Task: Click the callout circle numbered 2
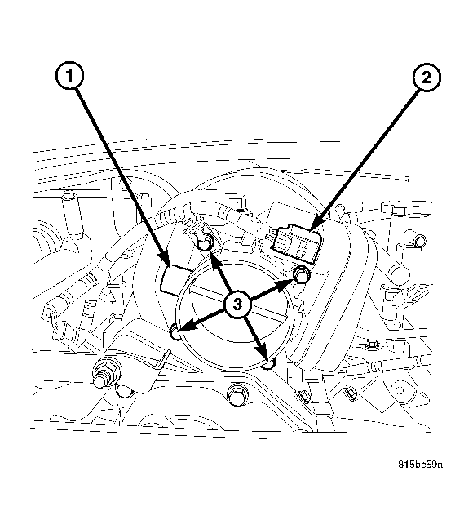[x=425, y=79]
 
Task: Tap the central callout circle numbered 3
[x=237, y=305]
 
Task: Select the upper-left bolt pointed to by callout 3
[x=206, y=241]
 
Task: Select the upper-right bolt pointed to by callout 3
[x=301, y=273]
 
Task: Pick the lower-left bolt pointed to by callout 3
[x=175, y=331]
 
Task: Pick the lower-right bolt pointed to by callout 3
[x=272, y=360]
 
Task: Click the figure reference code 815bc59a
[x=420, y=465]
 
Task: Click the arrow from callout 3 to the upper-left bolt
[x=222, y=274]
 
